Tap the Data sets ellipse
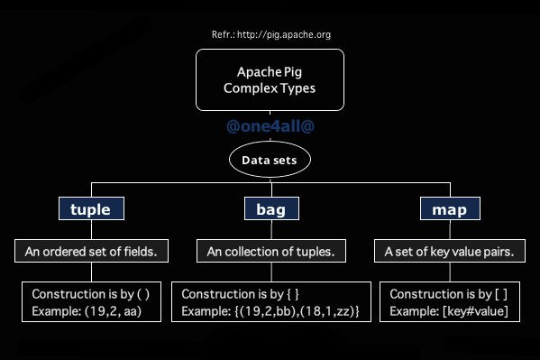(270, 160)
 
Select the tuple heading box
(90, 210)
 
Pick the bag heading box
(271, 210)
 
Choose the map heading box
(451, 210)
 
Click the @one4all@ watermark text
(270, 127)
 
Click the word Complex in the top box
(248, 89)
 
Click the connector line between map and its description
(451, 230)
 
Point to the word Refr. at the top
(222, 34)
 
